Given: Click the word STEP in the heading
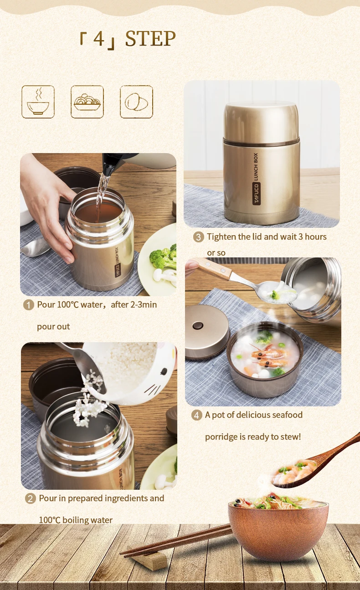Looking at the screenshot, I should (x=150, y=39).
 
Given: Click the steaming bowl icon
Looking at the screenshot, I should (x=38, y=102).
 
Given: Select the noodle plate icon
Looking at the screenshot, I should (x=87, y=102).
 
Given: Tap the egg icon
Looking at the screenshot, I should (x=136, y=102).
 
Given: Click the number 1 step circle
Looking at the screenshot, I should (x=29, y=305).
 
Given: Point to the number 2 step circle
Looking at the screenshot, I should (x=30, y=498).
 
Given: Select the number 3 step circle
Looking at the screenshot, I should (x=198, y=237).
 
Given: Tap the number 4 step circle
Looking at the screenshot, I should (x=196, y=415).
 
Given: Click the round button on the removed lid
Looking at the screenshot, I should (x=198, y=326).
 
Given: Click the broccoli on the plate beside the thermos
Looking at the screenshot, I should (x=162, y=258).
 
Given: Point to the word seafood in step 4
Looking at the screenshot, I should (x=287, y=415).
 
